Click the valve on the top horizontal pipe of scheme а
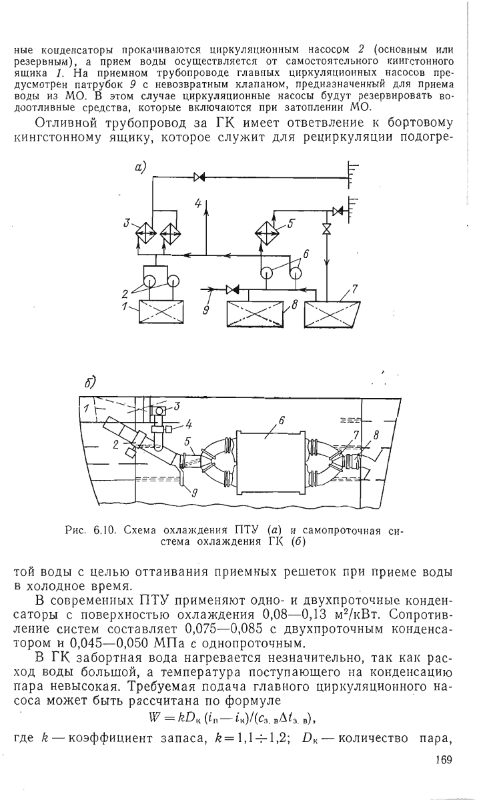[199, 177]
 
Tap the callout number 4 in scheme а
[198, 203]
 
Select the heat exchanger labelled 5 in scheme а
[267, 233]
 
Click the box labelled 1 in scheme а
[161, 312]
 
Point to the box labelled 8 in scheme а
[255, 315]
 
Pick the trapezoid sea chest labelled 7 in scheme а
[331, 315]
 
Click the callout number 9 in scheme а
[206, 309]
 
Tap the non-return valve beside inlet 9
[233, 289]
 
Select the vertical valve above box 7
[326, 229]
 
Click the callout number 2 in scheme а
[125, 294]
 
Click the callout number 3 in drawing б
[176, 406]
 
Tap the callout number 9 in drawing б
[194, 494]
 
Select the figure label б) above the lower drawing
[89, 383]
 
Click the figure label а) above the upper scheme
[139, 167]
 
